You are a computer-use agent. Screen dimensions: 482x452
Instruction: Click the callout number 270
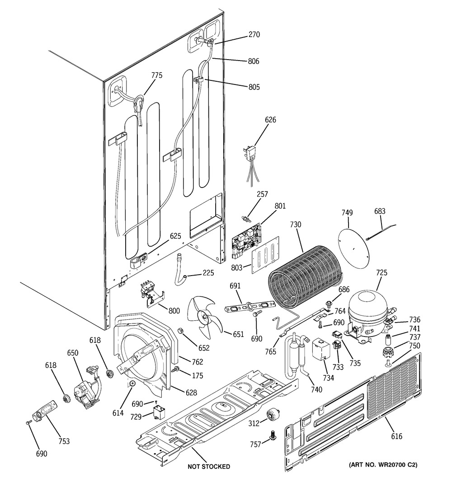point(254,34)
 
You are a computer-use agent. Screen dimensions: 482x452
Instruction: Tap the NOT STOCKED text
point(209,466)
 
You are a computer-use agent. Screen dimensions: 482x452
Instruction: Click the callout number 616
point(396,436)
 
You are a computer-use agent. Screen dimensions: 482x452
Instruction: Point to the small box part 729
point(158,412)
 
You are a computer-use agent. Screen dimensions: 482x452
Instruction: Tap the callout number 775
point(156,75)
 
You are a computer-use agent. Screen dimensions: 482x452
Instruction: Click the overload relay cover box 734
point(319,349)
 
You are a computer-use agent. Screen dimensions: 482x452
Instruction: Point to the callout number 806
point(254,61)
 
